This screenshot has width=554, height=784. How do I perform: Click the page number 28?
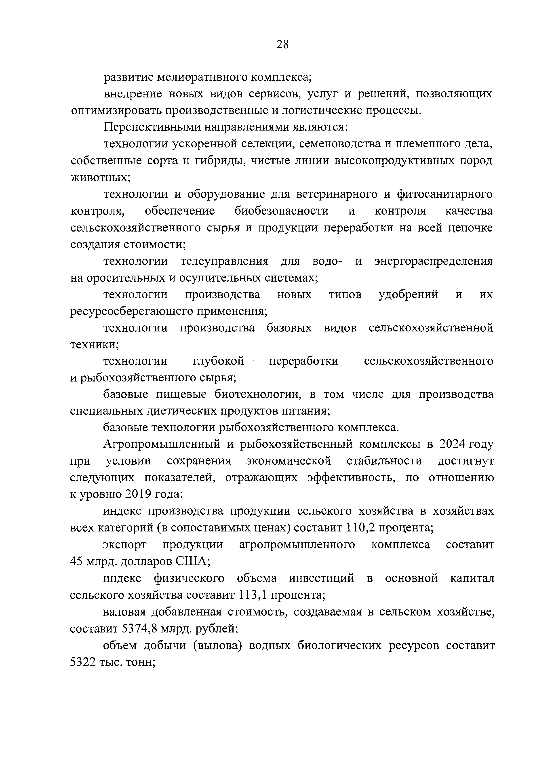(282, 44)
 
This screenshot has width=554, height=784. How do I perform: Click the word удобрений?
(408, 295)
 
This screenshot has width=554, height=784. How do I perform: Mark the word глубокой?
(219, 361)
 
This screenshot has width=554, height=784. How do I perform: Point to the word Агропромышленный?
(161, 445)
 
